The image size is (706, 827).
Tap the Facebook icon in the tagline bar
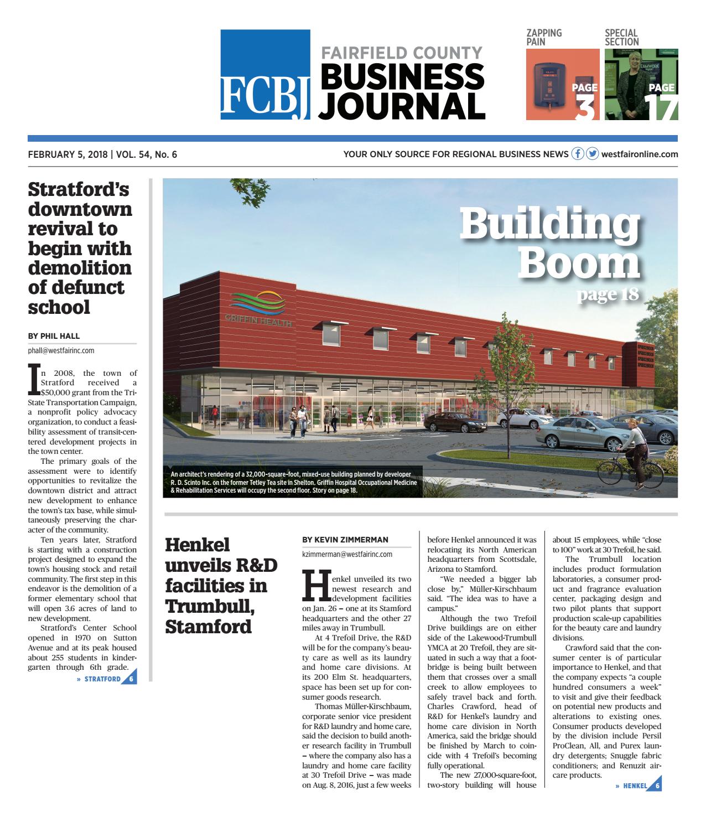(578, 154)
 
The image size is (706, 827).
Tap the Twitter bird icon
(592, 154)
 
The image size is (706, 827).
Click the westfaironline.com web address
(639, 154)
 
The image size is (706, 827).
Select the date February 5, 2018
(68, 154)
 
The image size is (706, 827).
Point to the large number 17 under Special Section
(662, 107)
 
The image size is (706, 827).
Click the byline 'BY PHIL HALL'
(54, 335)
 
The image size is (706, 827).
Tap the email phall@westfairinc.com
(61, 350)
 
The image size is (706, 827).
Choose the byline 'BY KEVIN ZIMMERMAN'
(345, 540)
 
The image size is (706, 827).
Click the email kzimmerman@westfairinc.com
(347, 554)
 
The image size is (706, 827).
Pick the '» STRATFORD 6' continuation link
(106, 679)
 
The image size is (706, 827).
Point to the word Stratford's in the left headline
(79, 189)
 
